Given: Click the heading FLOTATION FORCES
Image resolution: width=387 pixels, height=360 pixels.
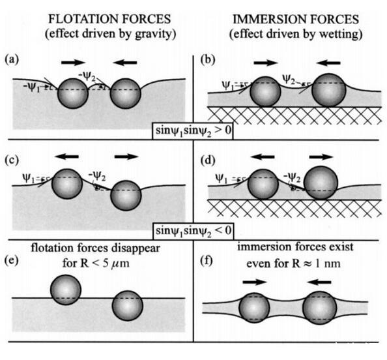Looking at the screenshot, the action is [109, 19].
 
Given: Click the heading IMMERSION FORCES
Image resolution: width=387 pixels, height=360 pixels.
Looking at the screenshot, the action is [296, 20].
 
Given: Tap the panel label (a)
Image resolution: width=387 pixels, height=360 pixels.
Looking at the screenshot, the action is [12, 59].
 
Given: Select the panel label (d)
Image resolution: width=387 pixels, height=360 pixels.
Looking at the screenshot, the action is [208, 160].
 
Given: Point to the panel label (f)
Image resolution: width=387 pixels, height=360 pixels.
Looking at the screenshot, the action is [207, 261].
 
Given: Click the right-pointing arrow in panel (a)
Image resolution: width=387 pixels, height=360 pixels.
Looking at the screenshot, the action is [73, 62].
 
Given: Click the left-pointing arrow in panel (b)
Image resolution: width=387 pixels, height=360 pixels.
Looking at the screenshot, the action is [328, 63].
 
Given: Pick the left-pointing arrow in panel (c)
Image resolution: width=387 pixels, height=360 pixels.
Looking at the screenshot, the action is [66, 157].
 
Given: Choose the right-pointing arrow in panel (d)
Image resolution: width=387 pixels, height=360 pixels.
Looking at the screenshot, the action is [321, 157].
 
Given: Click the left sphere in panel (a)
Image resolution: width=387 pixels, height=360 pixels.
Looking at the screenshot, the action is [73, 93].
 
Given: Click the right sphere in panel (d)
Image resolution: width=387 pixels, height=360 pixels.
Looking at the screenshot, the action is [321, 183].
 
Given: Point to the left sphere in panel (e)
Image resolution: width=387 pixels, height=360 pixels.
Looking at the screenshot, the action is [66, 290].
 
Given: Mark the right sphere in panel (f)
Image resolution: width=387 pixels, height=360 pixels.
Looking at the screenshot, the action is [320, 308].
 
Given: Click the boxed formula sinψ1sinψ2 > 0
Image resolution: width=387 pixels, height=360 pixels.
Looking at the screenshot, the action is [193, 131].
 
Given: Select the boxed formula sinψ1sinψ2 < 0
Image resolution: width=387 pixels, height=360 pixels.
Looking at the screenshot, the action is [193, 232].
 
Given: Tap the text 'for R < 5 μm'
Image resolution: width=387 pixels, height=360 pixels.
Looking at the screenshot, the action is [96, 263].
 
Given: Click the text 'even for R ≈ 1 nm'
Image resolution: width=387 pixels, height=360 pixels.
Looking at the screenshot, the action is [293, 264].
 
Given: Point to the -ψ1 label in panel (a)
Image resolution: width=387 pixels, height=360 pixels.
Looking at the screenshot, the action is [31, 87].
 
